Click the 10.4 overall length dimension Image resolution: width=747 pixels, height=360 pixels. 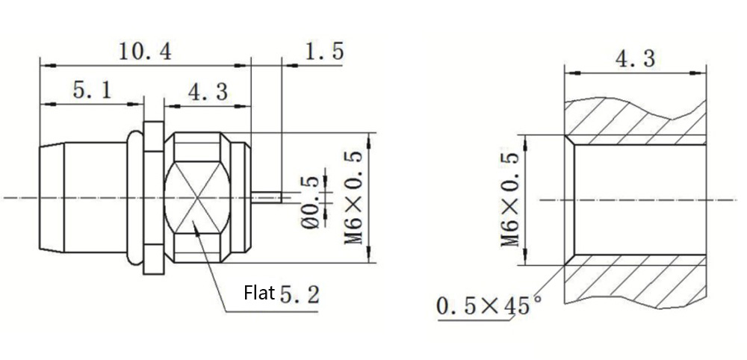144,51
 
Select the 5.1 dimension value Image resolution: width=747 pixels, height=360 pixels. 92,90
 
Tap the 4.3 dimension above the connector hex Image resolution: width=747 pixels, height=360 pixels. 208,92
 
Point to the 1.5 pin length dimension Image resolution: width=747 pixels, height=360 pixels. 324,51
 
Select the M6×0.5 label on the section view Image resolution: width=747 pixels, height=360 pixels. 509,200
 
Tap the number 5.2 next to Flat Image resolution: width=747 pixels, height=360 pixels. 300,295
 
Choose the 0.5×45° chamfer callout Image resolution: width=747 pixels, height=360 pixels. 489,305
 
